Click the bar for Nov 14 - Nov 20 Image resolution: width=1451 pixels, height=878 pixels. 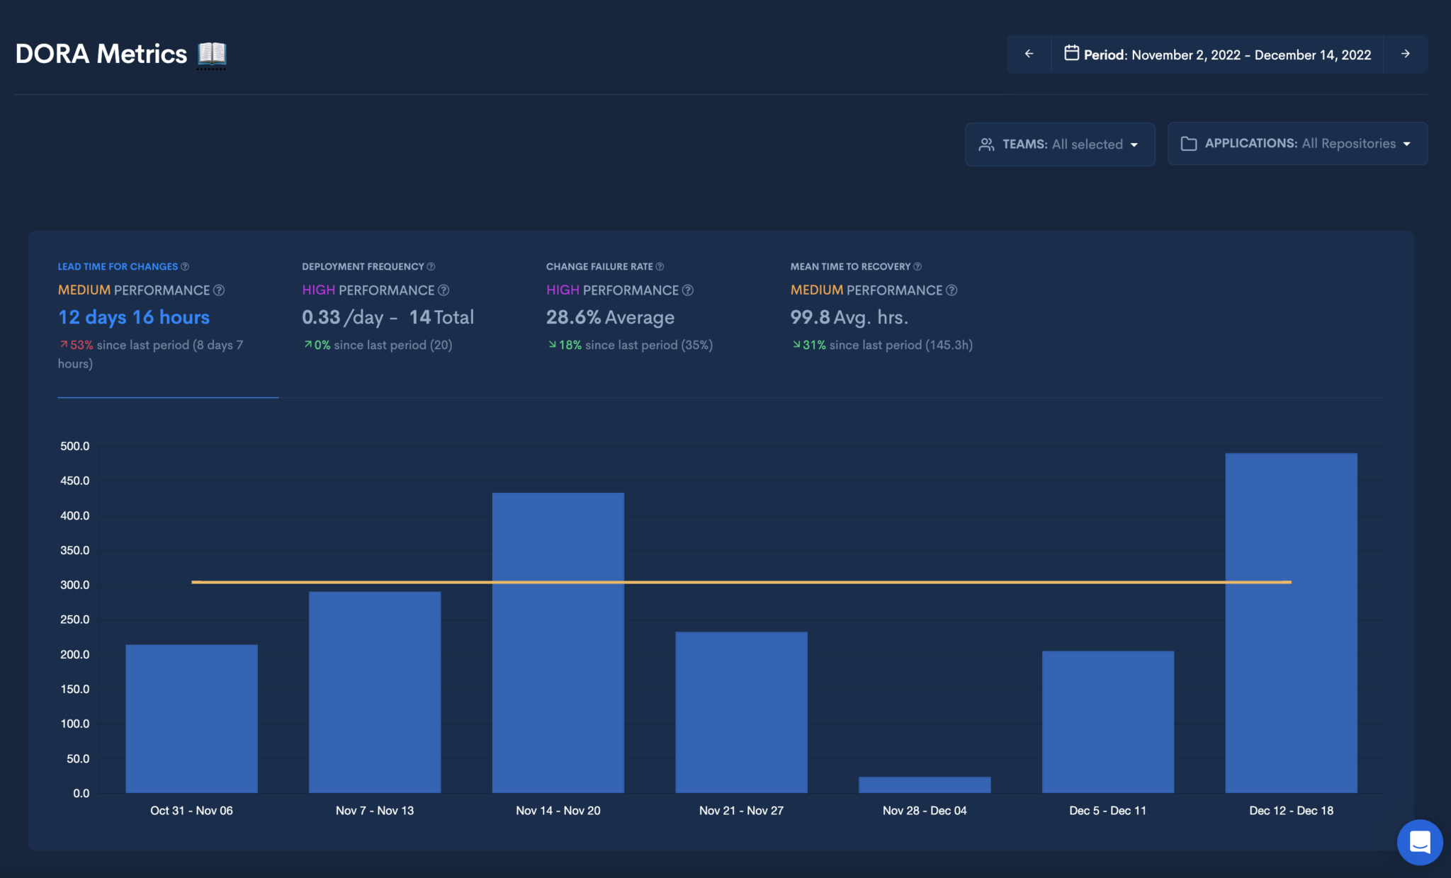pos(558,642)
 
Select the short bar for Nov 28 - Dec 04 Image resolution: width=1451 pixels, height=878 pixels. pos(924,785)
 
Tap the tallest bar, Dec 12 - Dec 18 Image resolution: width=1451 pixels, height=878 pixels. pos(1291,623)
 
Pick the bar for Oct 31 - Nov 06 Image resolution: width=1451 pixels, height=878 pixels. pos(191,718)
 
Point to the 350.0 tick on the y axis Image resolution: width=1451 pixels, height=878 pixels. pos(75,550)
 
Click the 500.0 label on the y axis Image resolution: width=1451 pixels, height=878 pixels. pos(75,446)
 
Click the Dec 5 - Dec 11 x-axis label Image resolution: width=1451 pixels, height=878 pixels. pos(1107,811)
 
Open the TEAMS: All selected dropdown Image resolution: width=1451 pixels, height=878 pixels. pos(1060,144)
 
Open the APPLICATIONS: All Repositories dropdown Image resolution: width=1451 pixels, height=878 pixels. pos(1297,144)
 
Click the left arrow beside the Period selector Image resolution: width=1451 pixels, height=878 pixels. pos(1029,54)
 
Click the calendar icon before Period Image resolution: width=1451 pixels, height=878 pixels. pos(1071,53)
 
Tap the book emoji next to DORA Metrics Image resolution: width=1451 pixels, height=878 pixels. pos(212,54)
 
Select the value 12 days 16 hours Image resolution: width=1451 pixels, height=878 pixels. pos(134,317)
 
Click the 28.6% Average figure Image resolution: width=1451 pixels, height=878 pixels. pos(610,317)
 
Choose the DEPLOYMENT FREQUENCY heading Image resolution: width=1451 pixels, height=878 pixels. pos(363,267)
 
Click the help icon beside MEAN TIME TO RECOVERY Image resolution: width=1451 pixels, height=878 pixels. pos(918,267)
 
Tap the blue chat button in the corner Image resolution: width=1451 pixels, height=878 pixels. pos(1419,843)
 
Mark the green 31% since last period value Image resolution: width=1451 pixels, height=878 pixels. pos(813,345)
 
